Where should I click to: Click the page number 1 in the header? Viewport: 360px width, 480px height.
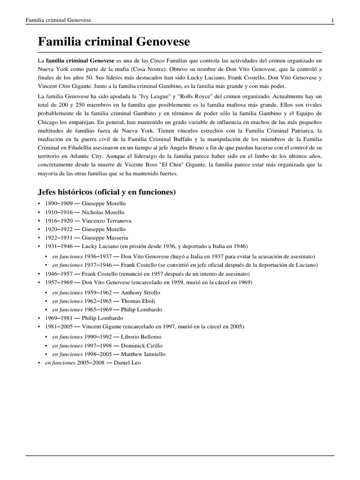tap(332, 20)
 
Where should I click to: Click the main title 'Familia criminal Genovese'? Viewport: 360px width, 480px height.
tap(114, 42)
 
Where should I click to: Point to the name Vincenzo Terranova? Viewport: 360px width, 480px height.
tap(106, 221)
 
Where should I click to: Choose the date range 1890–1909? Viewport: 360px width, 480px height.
tap(58, 204)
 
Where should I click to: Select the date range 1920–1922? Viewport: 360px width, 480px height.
tap(58, 229)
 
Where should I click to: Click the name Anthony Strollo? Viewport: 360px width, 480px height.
tap(140, 292)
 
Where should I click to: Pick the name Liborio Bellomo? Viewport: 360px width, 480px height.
tap(141, 337)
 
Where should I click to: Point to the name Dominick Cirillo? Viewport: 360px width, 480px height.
tap(142, 345)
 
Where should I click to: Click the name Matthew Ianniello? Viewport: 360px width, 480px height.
tap(143, 354)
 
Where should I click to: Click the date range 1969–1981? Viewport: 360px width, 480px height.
tap(58, 318)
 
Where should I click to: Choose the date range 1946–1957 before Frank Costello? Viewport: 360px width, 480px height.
tap(58, 273)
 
